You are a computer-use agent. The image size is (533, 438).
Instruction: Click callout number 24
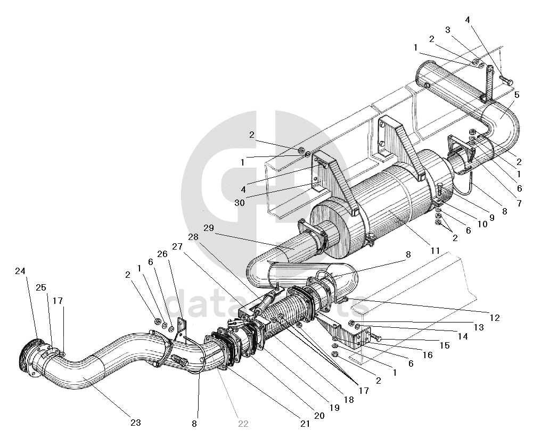click(x=20, y=271)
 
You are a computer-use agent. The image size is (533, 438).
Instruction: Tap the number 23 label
click(x=135, y=423)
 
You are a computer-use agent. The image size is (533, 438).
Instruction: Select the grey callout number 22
click(x=243, y=424)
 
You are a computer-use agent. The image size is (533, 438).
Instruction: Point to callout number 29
click(x=208, y=228)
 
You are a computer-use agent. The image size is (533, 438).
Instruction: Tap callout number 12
click(x=495, y=318)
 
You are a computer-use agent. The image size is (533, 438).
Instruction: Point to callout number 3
click(x=448, y=30)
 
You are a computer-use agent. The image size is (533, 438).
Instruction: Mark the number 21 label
click(x=305, y=424)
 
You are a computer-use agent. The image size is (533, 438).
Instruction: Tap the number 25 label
click(x=40, y=288)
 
